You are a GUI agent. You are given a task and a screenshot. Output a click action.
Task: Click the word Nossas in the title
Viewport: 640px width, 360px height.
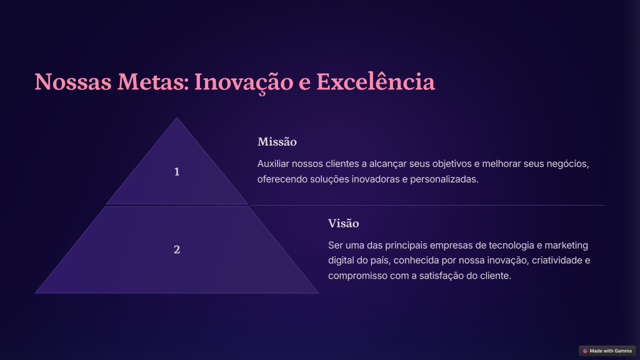coord(73,82)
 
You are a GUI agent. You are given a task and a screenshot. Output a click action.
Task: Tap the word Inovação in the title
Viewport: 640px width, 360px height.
coord(244,83)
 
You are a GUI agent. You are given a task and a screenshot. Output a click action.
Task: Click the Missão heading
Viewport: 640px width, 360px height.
coord(277,142)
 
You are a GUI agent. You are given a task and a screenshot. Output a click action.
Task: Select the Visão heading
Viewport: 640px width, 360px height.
coord(344,223)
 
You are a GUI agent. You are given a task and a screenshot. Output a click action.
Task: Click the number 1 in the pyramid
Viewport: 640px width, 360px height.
coord(177,172)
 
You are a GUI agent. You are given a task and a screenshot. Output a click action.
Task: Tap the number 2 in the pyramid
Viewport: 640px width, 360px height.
coord(177,249)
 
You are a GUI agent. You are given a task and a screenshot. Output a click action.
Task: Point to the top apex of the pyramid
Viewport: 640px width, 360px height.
coord(177,117)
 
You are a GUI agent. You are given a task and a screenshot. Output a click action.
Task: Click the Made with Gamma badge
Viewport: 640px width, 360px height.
coord(607,351)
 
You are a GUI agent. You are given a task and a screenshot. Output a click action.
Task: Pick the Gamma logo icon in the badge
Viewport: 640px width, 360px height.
coord(585,351)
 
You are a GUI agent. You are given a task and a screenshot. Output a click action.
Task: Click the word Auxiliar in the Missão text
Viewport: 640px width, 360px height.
coord(273,164)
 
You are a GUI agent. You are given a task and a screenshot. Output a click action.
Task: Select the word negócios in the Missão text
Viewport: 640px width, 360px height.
coord(568,164)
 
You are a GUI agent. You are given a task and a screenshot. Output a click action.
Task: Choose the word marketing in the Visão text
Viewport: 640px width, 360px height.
coord(566,246)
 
